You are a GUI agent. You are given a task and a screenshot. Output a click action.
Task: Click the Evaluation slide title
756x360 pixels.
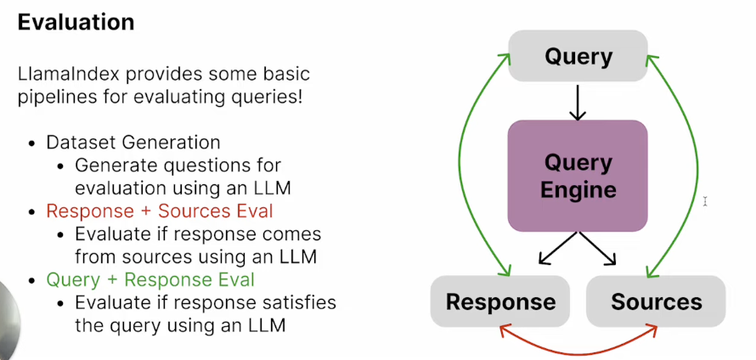click(x=76, y=22)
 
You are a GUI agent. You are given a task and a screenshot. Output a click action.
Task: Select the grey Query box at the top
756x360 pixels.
click(x=578, y=57)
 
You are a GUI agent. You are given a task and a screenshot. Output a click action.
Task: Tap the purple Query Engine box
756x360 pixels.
click(x=578, y=175)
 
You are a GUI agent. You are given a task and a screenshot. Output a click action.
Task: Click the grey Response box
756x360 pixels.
click(x=501, y=301)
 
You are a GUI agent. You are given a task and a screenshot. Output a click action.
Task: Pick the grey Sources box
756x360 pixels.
click(x=657, y=301)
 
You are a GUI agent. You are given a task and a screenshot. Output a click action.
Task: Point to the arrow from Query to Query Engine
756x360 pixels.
click(x=578, y=102)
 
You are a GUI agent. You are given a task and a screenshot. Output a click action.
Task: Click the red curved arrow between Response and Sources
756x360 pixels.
click(x=578, y=350)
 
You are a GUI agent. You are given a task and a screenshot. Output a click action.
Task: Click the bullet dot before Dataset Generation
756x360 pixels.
click(x=31, y=143)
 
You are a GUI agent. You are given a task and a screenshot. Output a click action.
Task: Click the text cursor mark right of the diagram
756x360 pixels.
click(x=706, y=201)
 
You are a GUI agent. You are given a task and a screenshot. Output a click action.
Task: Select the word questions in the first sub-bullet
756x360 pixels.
click(x=173, y=165)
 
